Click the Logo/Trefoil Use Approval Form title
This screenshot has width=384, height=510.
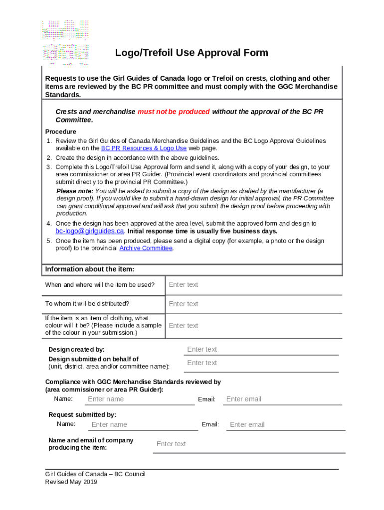(x=192, y=53)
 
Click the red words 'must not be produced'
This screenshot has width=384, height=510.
(x=174, y=112)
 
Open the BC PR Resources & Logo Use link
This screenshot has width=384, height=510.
(x=144, y=148)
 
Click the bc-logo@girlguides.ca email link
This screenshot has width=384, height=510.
(x=89, y=231)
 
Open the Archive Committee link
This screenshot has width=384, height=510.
(x=146, y=248)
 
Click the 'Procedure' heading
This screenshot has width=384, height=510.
(x=60, y=132)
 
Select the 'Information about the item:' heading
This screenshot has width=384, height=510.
(x=89, y=269)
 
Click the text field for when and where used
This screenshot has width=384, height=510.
(x=253, y=285)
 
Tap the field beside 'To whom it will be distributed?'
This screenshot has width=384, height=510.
(x=253, y=304)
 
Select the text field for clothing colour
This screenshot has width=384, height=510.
(x=253, y=326)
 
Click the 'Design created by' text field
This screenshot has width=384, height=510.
(x=261, y=349)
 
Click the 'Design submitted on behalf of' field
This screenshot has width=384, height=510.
(x=261, y=363)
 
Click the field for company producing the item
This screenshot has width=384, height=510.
(x=248, y=444)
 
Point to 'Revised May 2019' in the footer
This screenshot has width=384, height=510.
(x=71, y=482)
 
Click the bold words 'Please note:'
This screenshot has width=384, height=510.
(x=74, y=191)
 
